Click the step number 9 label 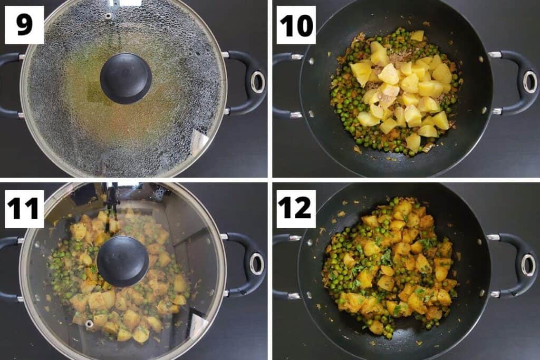point(24,25)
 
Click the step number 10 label point(296,25)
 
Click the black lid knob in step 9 point(126,78)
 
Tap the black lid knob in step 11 point(122,261)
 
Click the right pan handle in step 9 point(248,82)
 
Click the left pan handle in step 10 point(283,84)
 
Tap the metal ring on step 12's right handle point(528,265)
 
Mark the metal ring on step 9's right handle point(258,82)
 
